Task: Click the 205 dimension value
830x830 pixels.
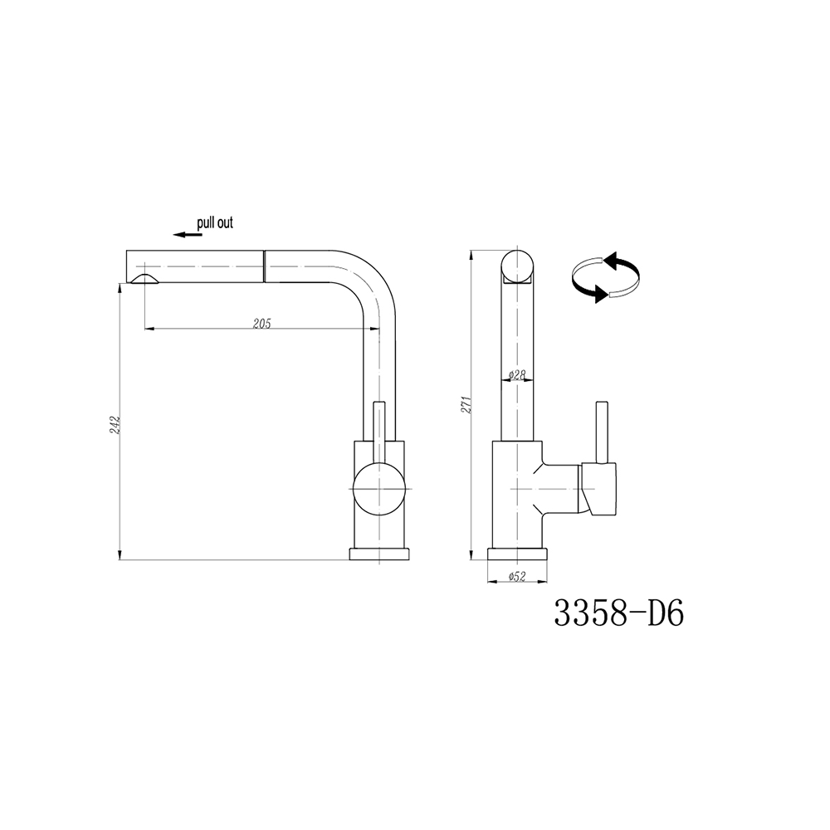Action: pos(262,324)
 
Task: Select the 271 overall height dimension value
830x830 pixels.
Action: pos(466,404)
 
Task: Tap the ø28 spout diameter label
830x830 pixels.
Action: pos(516,375)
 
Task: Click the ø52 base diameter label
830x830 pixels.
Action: pos(516,577)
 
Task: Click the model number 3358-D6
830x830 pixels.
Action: pos(619,614)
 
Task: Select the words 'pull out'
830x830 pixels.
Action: pos(215,222)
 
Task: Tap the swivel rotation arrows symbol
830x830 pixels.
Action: pos(606,276)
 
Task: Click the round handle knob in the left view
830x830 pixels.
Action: pos(379,489)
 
